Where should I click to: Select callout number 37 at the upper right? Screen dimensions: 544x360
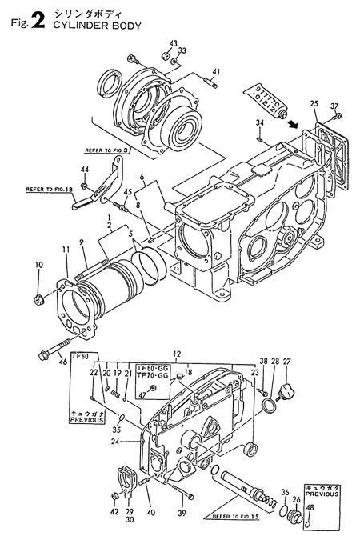tap(334, 106)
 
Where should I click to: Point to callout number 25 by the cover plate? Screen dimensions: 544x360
tap(314, 104)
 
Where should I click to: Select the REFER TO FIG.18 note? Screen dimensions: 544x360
tap(48, 190)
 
